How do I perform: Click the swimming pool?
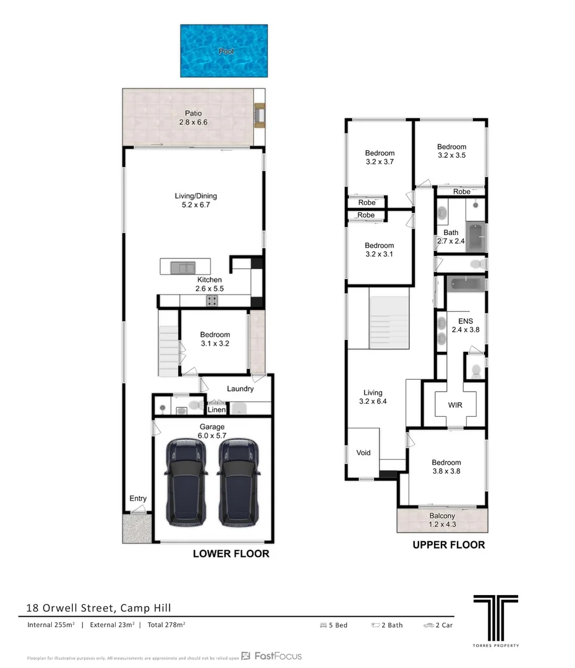click(224, 51)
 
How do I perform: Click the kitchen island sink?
click(183, 268)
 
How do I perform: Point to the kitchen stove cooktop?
click(211, 301)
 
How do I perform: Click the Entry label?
click(138, 499)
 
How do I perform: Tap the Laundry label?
click(240, 389)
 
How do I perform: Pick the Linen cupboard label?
click(216, 409)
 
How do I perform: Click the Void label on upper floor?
click(364, 453)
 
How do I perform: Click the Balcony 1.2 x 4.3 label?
click(442, 520)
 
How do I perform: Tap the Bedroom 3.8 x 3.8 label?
click(446, 467)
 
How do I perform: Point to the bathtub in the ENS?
click(466, 285)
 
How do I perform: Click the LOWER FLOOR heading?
click(231, 554)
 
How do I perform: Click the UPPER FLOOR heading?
click(448, 545)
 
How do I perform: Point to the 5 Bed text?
click(334, 625)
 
